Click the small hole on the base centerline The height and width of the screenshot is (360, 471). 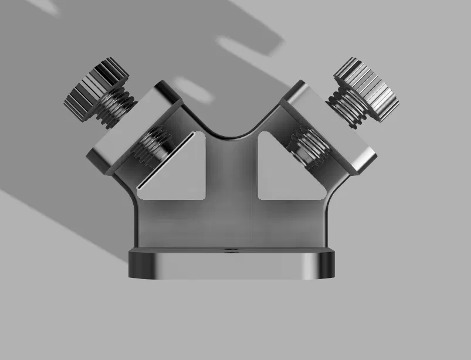pos(230,250)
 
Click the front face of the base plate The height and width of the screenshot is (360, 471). pos(230,267)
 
